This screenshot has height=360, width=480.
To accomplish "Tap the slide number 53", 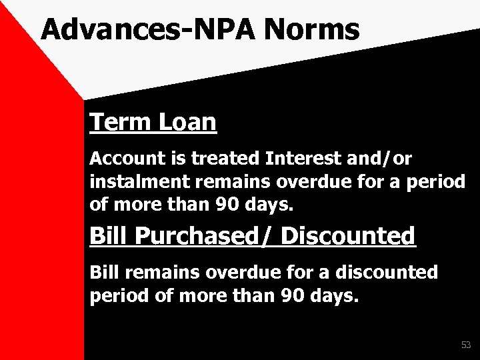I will coord(465,345).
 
